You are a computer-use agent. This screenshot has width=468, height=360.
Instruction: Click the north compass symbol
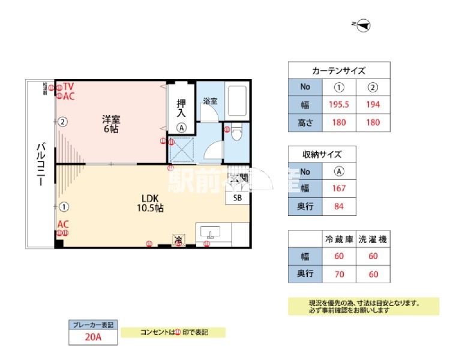[x=363, y=25]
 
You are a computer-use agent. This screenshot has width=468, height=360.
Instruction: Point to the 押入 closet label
[x=181, y=108]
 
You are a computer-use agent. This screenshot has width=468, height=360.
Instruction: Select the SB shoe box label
[x=238, y=197]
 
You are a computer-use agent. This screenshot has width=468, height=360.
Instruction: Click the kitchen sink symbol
[x=211, y=233]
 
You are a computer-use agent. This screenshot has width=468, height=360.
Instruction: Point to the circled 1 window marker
[x=64, y=207]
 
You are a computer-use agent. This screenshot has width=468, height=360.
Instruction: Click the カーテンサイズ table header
[x=339, y=70]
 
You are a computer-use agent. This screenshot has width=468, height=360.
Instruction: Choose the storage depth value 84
[x=339, y=207]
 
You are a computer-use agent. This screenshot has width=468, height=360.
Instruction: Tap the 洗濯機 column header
[x=373, y=239]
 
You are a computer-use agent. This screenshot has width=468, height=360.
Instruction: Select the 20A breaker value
[x=92, y=337]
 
